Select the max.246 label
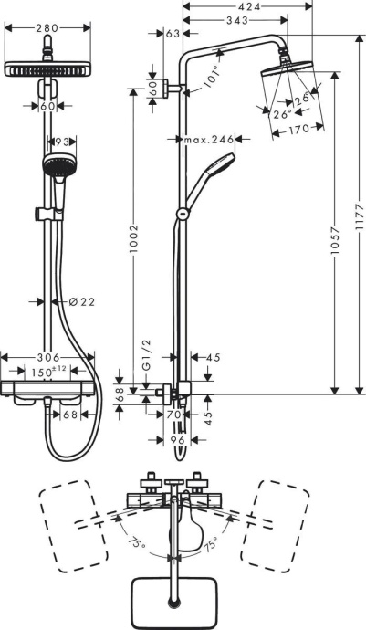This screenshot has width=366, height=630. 205,140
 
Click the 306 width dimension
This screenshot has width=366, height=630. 47,357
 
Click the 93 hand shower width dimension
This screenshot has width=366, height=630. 61,142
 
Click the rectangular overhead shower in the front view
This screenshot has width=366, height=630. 48,68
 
